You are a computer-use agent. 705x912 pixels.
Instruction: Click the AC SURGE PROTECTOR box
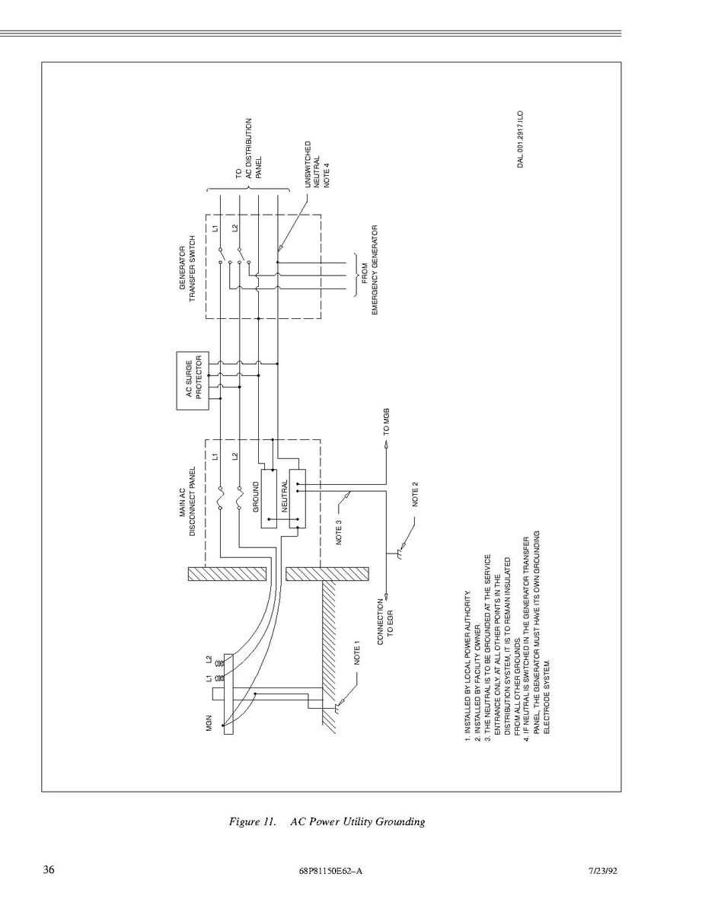pyautogui.click(x=193, y=381)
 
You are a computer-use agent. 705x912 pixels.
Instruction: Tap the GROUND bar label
pyautogui.click(x=256, y=497)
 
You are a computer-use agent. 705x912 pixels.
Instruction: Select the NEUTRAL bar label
pyautogui.click(x=285, y=495)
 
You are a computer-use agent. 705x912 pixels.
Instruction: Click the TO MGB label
pyautogui.click(x=386, y=422)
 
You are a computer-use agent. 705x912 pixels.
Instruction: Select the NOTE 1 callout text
pyautogui.click(x=357, y=652)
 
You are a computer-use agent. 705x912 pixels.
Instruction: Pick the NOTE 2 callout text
pyautogui.click(x=416, y=494)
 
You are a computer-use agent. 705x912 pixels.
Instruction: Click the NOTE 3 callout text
pyautogui.click(x=339, y=531)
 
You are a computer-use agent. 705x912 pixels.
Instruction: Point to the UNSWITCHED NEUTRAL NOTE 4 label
pyautogui.click(x=317, y=164)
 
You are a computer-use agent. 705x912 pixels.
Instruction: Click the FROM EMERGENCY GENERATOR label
pyautogui.click(x=370, y=270)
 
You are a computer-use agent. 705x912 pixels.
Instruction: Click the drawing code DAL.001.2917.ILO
pyautogui.click(x=521, y=139)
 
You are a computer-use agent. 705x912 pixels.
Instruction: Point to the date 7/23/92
pyautogui.click(x=602, y=871)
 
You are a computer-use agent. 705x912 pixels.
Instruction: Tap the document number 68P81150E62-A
pyautogui.click(x=330, y=871)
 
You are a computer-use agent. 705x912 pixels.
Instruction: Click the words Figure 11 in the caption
pyautogui.click(x=252, y=822)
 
